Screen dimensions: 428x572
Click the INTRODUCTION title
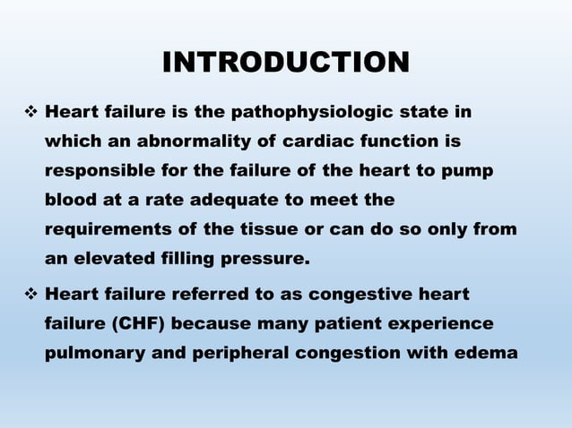(286, 63)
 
